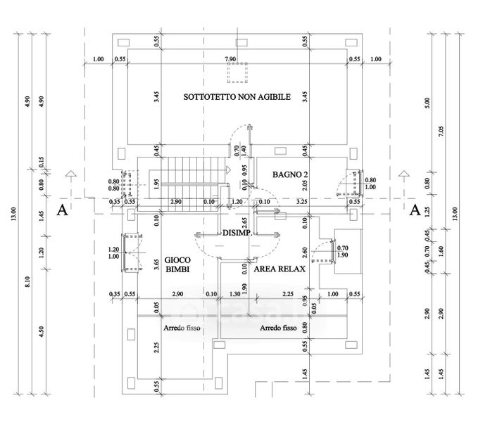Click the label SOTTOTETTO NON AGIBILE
point(237,96)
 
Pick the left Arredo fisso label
point(182,328)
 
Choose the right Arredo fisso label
point(277,328)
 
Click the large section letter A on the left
point(63,210)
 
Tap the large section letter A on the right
point(415,210)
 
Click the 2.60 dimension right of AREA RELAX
point(305,251)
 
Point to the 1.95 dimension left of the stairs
point(156,183)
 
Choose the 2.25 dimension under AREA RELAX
point(287,294)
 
